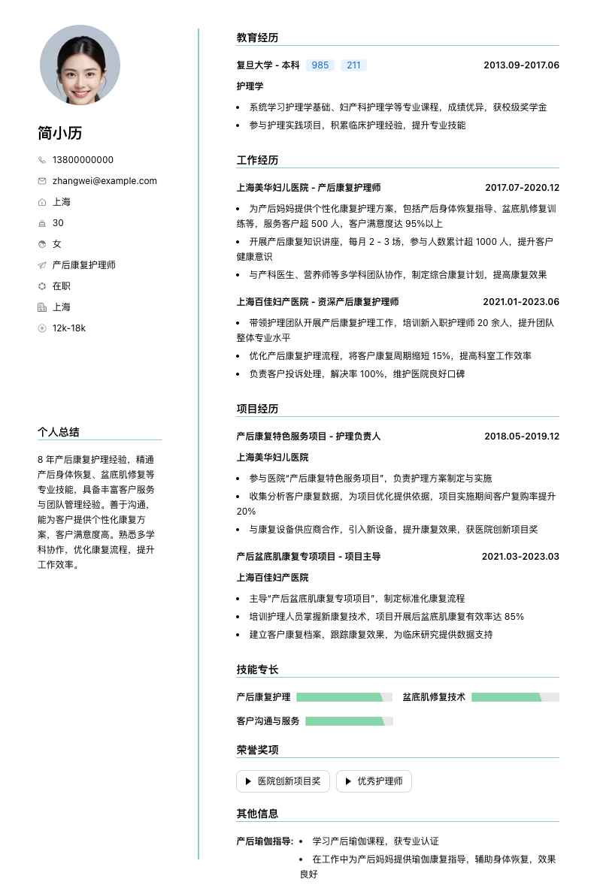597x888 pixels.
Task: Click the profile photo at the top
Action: [80, 65]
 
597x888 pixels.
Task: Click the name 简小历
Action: [60, 133]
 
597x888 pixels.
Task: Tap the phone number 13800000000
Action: [83, 160]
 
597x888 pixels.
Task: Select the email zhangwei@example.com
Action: [105, 181]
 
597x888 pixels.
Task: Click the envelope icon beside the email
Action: [42, 181]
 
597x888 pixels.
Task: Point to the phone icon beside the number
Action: [42, 160]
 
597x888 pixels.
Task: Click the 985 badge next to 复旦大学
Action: [320, 65]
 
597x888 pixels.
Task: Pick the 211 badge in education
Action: [353, 65]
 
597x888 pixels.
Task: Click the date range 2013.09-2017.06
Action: [521, 65]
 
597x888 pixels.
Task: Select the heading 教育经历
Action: [257, 38]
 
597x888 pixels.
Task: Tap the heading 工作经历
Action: [257, 160]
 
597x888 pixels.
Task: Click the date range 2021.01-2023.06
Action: [521, 302]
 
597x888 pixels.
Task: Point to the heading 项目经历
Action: [257, 409]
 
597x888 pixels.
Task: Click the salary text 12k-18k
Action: [69, 328]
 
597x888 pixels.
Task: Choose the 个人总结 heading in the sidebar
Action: [59, 432]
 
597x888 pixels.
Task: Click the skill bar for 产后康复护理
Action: [344, 697]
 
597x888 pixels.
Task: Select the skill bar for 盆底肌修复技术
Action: [515, 697]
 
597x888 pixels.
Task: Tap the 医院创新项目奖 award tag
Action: [283, 781]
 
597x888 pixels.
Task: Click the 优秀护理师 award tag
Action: [374, 781]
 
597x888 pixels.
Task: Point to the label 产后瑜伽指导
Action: [265, 841]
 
